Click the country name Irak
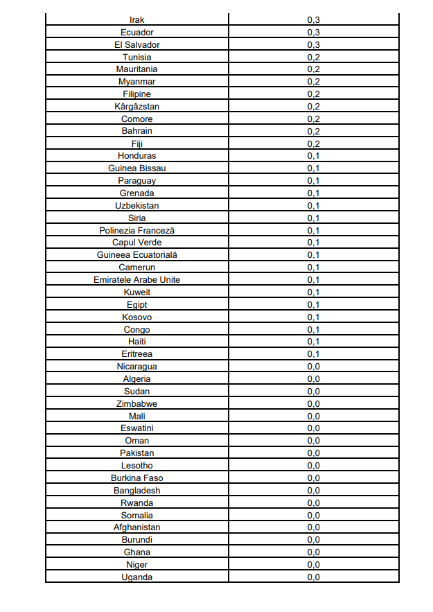[137, 20]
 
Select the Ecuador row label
[137, 33]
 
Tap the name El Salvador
[137, 45]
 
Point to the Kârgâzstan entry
[137, 107]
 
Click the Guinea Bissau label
[137, 168]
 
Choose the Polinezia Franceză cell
[137, 230]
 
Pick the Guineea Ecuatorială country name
[137, 255]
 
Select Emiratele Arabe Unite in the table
[137, 280]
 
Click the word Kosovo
[137, 317]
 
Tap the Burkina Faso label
[137, 478]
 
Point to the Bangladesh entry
[137, 491]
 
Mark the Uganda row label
[137, 577]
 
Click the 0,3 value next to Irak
[313, 20]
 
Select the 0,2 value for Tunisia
[313, 58]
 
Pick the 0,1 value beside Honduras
[313, 156]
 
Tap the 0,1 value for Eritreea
[313, 354]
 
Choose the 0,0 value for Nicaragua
[313, 367]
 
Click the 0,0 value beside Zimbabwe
[313, 404]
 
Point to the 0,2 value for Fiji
[313, 144]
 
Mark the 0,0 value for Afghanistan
[313, 527]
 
